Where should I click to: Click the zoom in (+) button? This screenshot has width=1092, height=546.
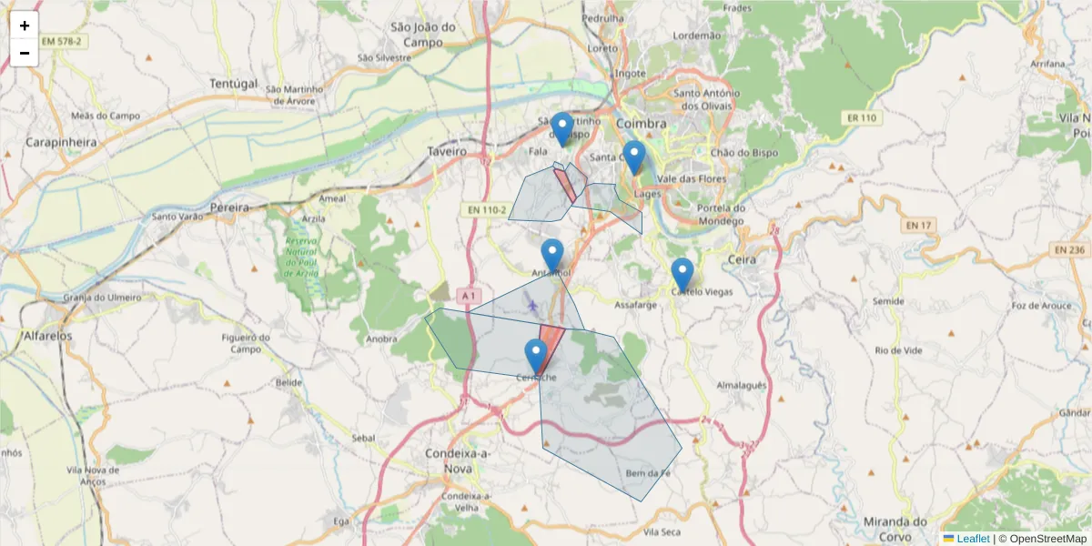(x=25, y=25)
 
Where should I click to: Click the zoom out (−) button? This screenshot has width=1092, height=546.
(x=25, y=53)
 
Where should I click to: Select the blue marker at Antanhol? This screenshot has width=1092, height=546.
(x=551, y=256)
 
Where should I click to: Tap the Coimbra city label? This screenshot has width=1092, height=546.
(x=641, y=123)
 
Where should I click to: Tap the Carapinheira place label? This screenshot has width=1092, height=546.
(x=60, y=142)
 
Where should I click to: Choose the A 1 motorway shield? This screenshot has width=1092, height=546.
(x=468, y=295)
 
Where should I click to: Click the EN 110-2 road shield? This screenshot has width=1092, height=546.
(x=486, y=210)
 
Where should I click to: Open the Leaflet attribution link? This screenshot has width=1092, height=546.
(x=972, y=539)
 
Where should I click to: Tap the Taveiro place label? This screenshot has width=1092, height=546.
(x=447, y=151)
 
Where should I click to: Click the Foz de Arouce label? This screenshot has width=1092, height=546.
(x=1042, y=306)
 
